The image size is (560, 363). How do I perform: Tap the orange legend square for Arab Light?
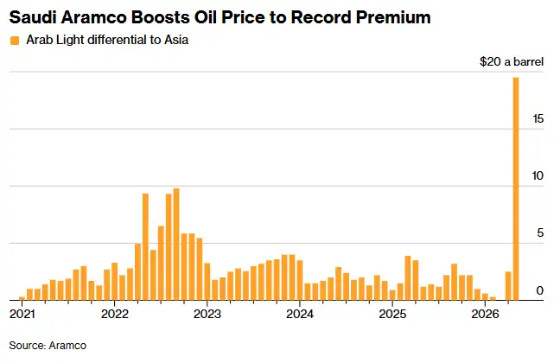[x=12, y=40]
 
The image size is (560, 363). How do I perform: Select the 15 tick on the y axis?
[x=538, y=118]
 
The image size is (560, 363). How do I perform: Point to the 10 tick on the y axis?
[x=538, y=175]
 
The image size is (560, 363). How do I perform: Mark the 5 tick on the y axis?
[x=541, y=232]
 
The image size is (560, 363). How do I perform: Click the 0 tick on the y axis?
[x=541, y=290]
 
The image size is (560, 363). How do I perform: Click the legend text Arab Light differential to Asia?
[x=93, y=40]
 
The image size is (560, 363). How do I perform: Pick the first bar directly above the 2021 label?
[x=22, y=298]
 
